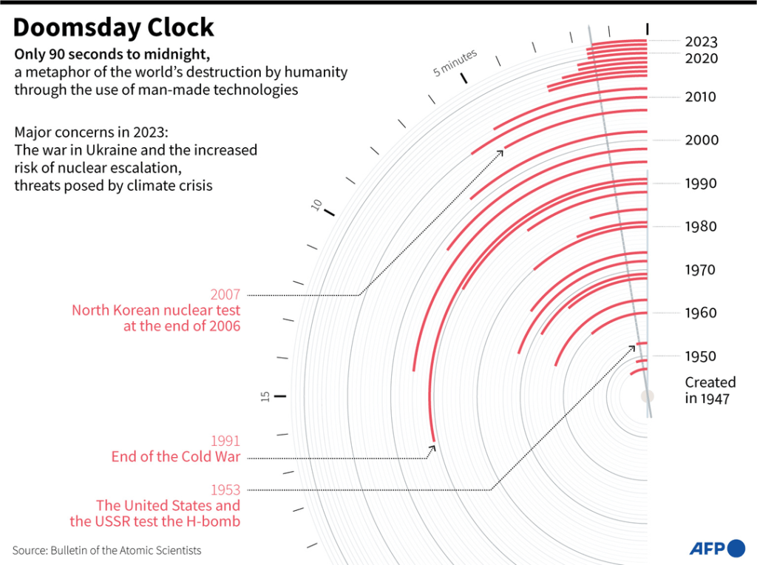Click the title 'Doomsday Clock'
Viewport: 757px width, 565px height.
click(x=114, y=27)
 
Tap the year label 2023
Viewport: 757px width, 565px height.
click(x=701, y=42)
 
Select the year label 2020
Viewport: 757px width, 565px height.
click(x=701, y=58)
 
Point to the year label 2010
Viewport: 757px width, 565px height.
click(x=700, y=97)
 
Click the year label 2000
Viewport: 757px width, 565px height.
click(x=700, y=141)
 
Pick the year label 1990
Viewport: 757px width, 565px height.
click(x=700, y=183)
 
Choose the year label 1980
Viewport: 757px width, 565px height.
click(x=700, y=226)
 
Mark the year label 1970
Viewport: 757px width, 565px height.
click(x=700, y=270)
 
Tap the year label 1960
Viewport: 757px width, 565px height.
click(x=700, y=313)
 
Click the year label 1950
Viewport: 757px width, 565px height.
click(x=700, y=356)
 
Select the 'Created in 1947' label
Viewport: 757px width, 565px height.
click(x=710, y=390)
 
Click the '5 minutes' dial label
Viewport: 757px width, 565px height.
click(x=455, y=64)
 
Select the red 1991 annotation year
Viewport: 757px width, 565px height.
click(x=225, y=441)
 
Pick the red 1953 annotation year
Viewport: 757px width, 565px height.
click(x=225, y=490)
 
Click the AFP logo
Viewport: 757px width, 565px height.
click(x=716, y=548)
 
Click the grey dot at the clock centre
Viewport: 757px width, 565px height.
click(x=648, y=396)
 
